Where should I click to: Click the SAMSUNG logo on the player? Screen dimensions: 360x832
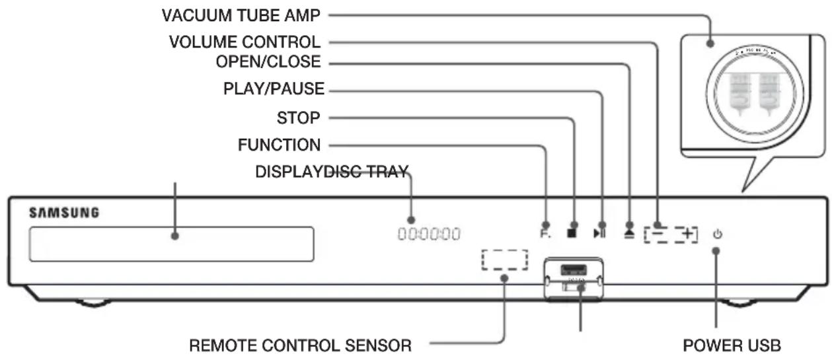(x=64, y=213)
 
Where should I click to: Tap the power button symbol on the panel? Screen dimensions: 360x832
(x=718, y=233)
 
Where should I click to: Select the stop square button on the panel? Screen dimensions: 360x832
(x=573, y=233)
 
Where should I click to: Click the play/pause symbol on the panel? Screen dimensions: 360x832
(x=599, y=233)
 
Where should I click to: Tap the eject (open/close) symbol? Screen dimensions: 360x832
(x=628, y=233)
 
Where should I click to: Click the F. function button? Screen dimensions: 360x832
(x=544, y=233)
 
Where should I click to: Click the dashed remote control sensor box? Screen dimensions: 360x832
(x=504, y=260)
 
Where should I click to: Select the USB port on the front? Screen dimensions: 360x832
(x=572, y=270)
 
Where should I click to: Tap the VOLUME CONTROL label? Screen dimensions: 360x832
(x=245, y=43)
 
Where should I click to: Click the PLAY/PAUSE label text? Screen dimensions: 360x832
(x=274, y=89)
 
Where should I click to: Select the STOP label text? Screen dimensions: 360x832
(x=298, y=118)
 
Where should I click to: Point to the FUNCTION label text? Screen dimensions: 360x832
(x=279, y=145)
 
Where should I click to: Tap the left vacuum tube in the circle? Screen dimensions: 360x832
(x=737, y=93)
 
